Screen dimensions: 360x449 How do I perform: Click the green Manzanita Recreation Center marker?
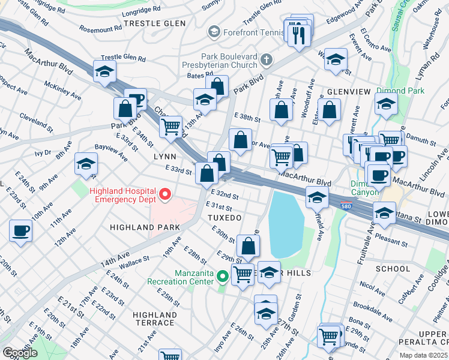coord(222,277)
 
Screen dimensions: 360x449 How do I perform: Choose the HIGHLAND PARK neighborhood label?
coord(145,228)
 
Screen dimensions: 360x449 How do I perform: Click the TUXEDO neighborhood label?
coord(224,217)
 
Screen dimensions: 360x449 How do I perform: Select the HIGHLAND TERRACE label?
coord(155,319)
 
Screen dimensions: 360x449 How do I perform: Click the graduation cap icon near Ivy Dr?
coord(86,163)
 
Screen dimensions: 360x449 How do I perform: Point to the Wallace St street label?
coord(134,261)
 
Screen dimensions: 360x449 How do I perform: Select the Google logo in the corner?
coord(19,353)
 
